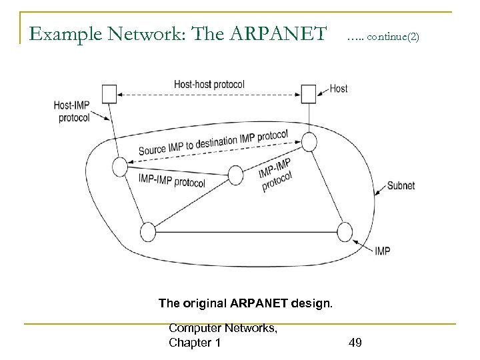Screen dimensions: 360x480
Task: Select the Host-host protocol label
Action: (209, 85)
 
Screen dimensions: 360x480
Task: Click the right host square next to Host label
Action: (308, 93)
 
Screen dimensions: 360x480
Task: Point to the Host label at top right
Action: (338, 89)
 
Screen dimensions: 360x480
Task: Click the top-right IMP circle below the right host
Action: (309, 141)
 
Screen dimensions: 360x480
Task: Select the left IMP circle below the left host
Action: (120, 166)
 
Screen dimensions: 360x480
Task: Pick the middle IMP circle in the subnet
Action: (236, 175)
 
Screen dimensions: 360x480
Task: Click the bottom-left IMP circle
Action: (147, 232)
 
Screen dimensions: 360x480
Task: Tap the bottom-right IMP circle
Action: (345, 232)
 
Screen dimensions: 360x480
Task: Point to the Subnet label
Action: (401, 186)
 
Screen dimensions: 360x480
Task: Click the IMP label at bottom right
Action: (382, 251)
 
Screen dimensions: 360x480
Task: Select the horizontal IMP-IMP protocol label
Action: (172, 181)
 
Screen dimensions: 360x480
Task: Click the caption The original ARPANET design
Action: (245, 303)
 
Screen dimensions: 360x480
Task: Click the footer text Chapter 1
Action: (195, 343)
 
